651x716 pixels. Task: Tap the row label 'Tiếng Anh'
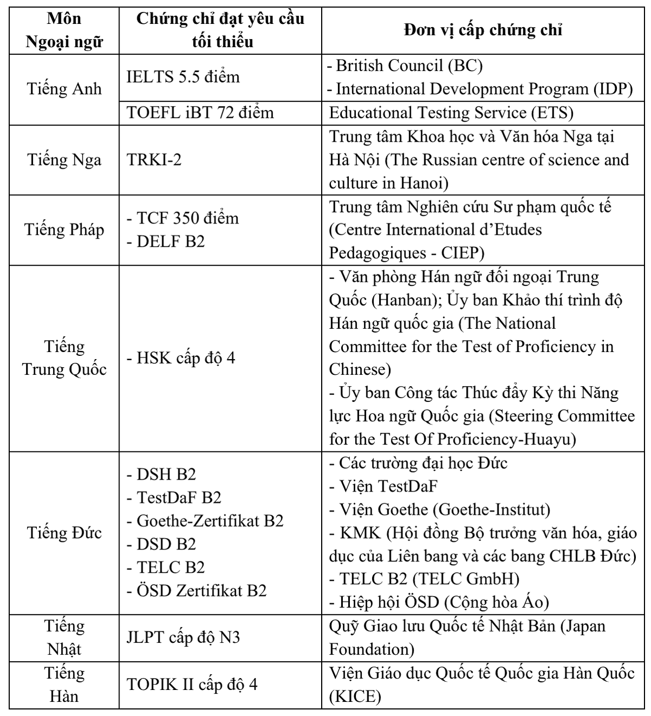[x=64, y=88]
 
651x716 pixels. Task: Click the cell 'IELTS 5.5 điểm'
[x=183, y=77]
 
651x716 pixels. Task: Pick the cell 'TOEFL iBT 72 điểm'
[x=200, y=112]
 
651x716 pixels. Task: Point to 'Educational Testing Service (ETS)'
[x=451, y=112]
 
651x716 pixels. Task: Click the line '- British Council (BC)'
[x=405, y=66]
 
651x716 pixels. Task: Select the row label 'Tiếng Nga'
[x=64, y=160]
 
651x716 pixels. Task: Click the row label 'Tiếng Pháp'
[x=64, y=229]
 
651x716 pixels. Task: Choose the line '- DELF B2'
[x=165, y=241]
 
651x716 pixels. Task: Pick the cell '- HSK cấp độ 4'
[x=181, y=358]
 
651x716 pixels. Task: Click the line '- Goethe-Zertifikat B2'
[x=205, y=521]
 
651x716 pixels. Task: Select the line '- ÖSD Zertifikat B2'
[x=196, y=590]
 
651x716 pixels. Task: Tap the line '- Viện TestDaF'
[x=383, y=486]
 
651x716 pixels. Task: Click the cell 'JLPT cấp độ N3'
[x=183, y=637]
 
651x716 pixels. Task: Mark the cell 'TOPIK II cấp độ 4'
[x=192, y=684]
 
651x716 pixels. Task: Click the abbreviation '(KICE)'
[x=355, y=696]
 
